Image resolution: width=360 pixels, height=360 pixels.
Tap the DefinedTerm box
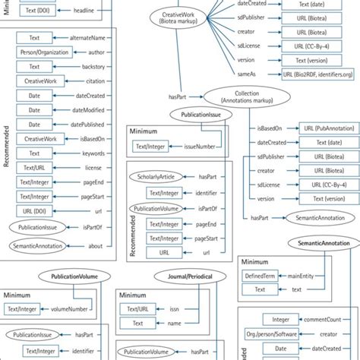(260, 276)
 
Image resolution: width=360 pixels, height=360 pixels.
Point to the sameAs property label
(267, 74)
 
